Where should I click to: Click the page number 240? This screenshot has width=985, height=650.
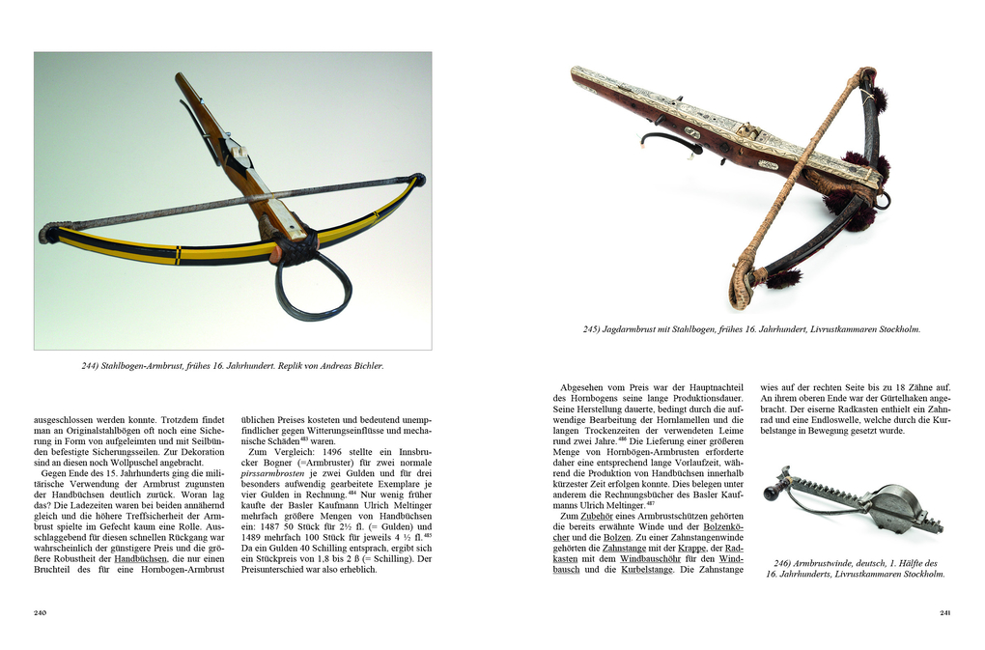(x=40, y=612)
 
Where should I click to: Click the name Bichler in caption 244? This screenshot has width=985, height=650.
(x=366, y=366)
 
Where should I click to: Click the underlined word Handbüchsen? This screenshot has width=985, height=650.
(x=140, y=557)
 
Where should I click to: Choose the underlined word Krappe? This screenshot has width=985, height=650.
(x=690, y=548)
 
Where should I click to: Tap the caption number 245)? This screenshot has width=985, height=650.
(x=592, y=329)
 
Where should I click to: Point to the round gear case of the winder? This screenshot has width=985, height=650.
(x=890, y=506)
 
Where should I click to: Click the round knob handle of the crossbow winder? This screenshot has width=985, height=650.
(x=771, y=494)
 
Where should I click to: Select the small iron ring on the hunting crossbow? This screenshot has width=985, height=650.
(x=883, y=200)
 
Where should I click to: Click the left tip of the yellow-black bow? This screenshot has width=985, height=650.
(x=44, y=234)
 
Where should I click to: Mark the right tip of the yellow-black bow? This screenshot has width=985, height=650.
(x=417, y=179)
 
